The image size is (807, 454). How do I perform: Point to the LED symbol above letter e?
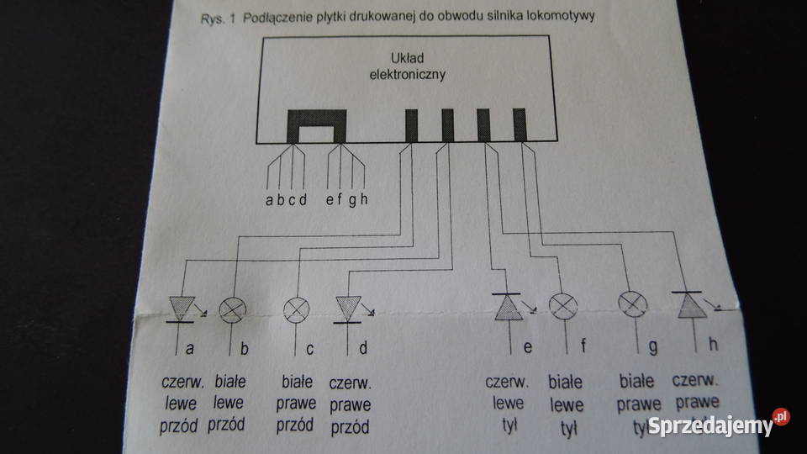click(509, 307)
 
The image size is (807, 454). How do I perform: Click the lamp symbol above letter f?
click(562, 307)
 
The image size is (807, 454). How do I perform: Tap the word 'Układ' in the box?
click(408, 59)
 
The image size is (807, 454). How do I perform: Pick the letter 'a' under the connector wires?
click(269, 199)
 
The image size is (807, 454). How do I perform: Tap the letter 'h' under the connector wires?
click(364, 199)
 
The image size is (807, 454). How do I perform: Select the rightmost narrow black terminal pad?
click(519, 124)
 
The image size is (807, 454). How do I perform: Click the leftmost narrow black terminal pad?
click(412, 124)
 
